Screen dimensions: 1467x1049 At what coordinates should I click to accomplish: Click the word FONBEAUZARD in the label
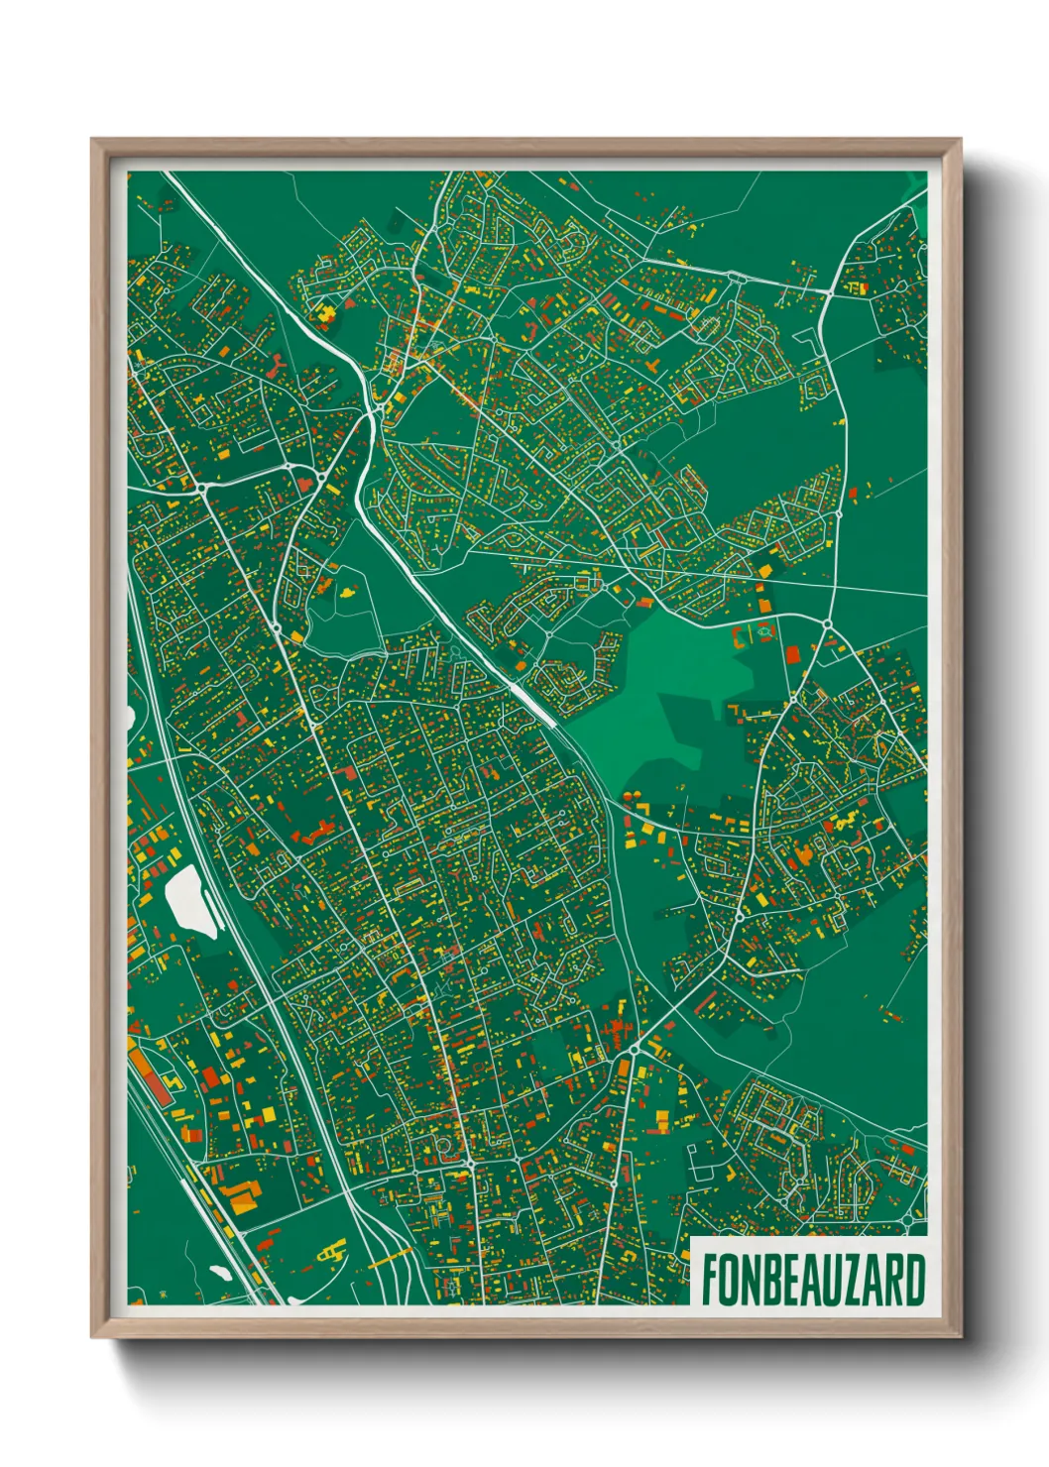tap(813, 1281)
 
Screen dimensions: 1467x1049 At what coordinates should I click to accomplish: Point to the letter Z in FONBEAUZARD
tap(845, 1281)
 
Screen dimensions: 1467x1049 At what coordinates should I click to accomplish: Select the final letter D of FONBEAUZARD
tap(916, 1281)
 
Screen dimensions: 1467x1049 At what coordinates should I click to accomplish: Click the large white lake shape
tap(191, 900)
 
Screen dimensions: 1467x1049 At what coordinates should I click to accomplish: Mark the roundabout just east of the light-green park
tap(826, 622)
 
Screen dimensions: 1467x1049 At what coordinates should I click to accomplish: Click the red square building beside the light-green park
tap(792, 653)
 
